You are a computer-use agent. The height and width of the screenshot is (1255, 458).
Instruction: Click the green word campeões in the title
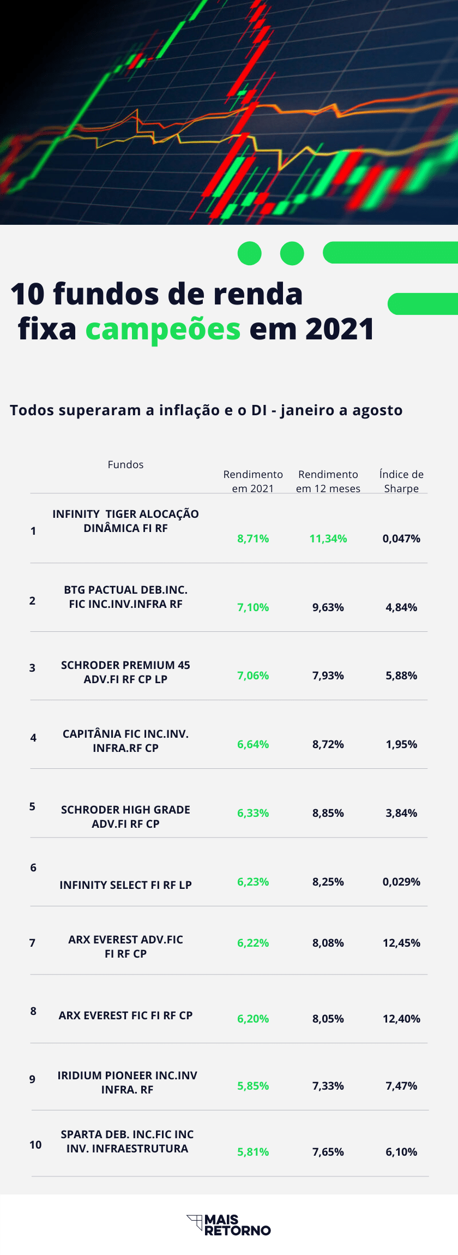[x=162, y=329]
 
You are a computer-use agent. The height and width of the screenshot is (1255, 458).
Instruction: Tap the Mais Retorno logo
[x=229, y=1225]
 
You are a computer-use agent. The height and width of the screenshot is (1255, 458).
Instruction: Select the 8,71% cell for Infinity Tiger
[x=253, y=539]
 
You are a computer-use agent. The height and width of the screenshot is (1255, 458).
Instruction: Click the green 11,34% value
[x=328, y=539]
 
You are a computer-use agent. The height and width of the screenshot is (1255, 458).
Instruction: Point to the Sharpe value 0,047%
[x=401, y=539]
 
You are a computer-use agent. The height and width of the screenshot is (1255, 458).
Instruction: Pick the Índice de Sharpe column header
[x=401, y=481]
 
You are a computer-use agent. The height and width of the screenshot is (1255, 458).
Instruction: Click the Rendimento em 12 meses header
[x=328, y=481]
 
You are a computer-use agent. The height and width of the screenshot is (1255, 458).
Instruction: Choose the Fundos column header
[x=125, y=464]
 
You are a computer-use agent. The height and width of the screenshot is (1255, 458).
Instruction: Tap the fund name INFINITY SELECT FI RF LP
[x=125, y=885]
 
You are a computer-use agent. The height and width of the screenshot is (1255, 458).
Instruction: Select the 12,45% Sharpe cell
[x=401, y=943]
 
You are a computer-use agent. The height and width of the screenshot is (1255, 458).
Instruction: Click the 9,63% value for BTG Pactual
[x=328, y=607]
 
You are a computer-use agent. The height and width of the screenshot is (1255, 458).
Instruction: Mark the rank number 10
[x=35, y=1145]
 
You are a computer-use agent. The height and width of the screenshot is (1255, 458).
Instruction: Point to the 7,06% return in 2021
[x=253, y=676]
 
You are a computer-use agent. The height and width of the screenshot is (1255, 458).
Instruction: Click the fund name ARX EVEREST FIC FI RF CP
[x=125, y=1015]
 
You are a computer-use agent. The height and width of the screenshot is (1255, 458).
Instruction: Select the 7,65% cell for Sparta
[x=328, y=1152]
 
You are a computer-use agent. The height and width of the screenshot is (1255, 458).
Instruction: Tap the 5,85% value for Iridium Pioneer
[x=253, y=1086]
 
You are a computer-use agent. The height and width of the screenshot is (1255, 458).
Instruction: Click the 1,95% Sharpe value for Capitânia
[x=401, y=744]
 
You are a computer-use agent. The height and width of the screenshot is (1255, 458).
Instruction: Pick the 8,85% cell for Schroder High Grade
[x=328, y=813]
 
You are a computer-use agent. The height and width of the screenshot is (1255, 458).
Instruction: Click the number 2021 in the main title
[x=339, y=329]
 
